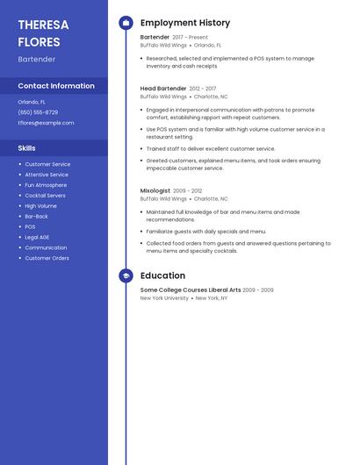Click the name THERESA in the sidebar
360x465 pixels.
pos(43,25)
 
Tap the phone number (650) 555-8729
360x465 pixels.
pos(38,112)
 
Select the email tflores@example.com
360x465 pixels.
pos(46,123)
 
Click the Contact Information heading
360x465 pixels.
pos(56,86)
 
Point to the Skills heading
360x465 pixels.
pos(27,148)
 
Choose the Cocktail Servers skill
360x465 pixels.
pos(45,196)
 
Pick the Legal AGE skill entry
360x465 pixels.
pos(37,237)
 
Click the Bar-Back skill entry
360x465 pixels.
pos(36,216)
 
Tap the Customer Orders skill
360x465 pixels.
pos(47,258)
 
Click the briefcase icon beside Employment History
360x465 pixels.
pos(126,23)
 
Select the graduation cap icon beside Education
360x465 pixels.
pos(126,275)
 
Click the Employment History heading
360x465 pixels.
pos(185,23)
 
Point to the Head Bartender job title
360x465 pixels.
pos(163,89)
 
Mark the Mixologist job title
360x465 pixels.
pos(155,190)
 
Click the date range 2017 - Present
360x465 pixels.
pos(191,38)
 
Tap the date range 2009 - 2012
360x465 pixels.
pos(187,190)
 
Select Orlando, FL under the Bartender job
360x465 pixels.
pos(207,46)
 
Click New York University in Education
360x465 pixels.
pos(164,298)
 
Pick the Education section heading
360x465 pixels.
pos(162,275)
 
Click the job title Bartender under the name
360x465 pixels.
pos(37,59)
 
